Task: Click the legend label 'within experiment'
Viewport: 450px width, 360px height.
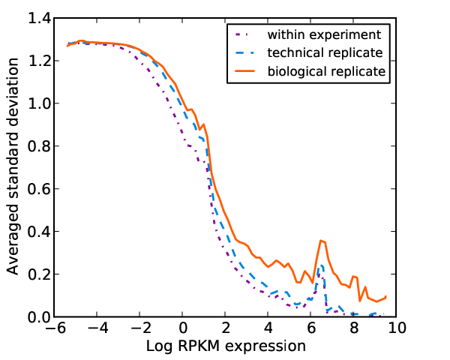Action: pos(324,35)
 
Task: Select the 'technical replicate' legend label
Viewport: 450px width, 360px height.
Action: pos(325,53)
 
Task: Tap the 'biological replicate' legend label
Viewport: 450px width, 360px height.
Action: pos(326,71)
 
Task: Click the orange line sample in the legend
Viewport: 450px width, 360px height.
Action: pos(244,71)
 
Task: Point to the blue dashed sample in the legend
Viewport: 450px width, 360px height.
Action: pos(244,52)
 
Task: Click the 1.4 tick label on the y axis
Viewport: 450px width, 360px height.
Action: pos(40,18)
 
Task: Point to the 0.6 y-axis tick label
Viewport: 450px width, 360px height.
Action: pos(40,189)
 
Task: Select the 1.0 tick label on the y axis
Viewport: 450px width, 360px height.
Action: pos(40,103)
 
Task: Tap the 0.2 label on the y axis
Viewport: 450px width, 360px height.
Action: pos(40,274)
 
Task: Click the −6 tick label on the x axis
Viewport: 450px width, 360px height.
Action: pos(55,328)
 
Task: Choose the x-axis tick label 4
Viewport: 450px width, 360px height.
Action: pos(268,328)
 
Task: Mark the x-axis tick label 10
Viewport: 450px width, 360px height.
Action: pos(397,328)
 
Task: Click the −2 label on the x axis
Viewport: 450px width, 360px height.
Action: pos(141,328)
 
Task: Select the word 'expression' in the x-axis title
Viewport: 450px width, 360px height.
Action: pos(265,346)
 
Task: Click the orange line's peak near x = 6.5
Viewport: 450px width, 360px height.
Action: pos(321,241)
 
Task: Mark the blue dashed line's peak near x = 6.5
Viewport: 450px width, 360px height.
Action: pos(322,265)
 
